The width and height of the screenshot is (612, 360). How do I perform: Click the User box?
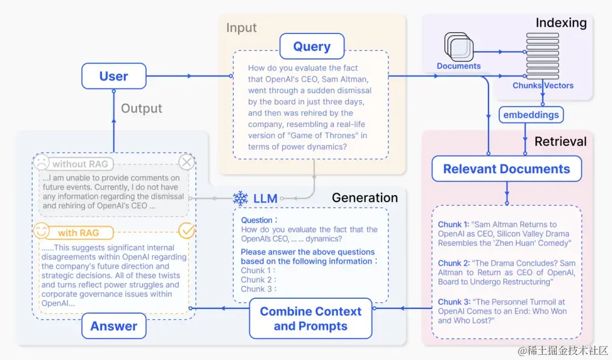113,76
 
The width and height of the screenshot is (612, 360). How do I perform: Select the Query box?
312,46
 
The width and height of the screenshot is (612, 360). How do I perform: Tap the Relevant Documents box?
506,169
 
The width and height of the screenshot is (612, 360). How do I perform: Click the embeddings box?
530,115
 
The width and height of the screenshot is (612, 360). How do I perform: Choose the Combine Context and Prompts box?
311,319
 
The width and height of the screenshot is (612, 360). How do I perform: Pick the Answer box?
113,326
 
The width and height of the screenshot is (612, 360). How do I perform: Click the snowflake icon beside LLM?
240,198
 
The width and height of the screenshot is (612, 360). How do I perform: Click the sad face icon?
41,163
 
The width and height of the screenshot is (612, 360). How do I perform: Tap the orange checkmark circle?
186,231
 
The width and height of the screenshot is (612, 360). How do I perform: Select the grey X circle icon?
186,163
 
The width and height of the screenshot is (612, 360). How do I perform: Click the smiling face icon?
41,231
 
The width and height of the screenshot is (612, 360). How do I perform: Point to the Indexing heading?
561,23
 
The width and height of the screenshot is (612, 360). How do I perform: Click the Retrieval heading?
560,141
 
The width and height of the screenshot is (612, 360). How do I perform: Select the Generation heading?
365,197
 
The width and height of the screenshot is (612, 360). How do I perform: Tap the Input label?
241,28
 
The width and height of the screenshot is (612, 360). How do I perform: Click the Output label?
142,108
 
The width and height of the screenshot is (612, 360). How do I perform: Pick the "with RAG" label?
78,232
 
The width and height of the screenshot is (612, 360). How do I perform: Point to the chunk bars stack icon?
542,56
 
